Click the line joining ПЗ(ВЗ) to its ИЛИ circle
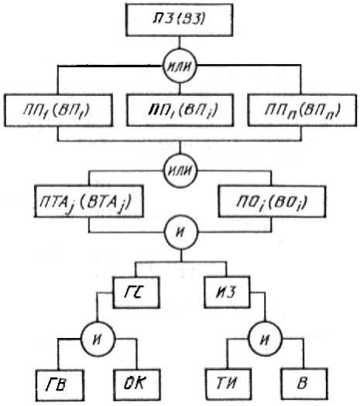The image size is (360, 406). click(x=180, y=43)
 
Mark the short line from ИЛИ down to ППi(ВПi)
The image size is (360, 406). click(x=180, y=89)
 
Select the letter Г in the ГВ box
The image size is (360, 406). click(x=51, y=384)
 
